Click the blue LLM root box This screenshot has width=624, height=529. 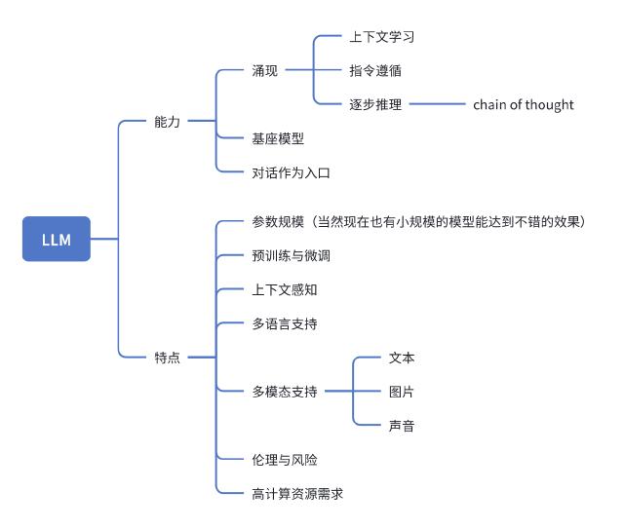coord(56,239)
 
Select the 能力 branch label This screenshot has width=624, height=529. coord(167,122)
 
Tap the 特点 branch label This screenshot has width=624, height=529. coord(167,358)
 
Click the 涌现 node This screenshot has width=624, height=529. coord(264,71)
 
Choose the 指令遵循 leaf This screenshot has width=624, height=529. coord(374,71)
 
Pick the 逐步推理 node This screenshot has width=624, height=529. coord(374,104)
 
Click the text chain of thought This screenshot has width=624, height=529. coord(524,104)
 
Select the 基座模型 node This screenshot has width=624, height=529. coord(278,138)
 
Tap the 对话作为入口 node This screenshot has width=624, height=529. coord(292,172)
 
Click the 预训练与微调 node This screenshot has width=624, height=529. coord(292,256)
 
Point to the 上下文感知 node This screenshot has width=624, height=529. coord(285,289)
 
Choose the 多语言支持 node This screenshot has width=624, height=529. coord(285,323)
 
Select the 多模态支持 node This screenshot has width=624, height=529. coord(285,391)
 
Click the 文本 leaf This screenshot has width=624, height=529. coord(402,358)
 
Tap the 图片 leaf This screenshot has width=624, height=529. coord(402,391)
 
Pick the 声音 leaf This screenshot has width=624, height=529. coord(402,425)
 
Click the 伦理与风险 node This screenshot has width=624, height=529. coord(285,459)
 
